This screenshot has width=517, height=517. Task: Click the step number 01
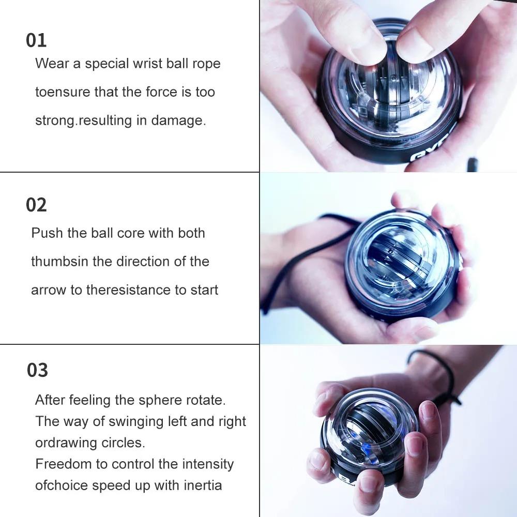click(x=36, y=40)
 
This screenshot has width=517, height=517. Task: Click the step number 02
click(x=36, y=205)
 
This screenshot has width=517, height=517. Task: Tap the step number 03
click(x=37, y=370)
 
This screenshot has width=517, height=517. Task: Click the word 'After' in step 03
click(x=50, y=400)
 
